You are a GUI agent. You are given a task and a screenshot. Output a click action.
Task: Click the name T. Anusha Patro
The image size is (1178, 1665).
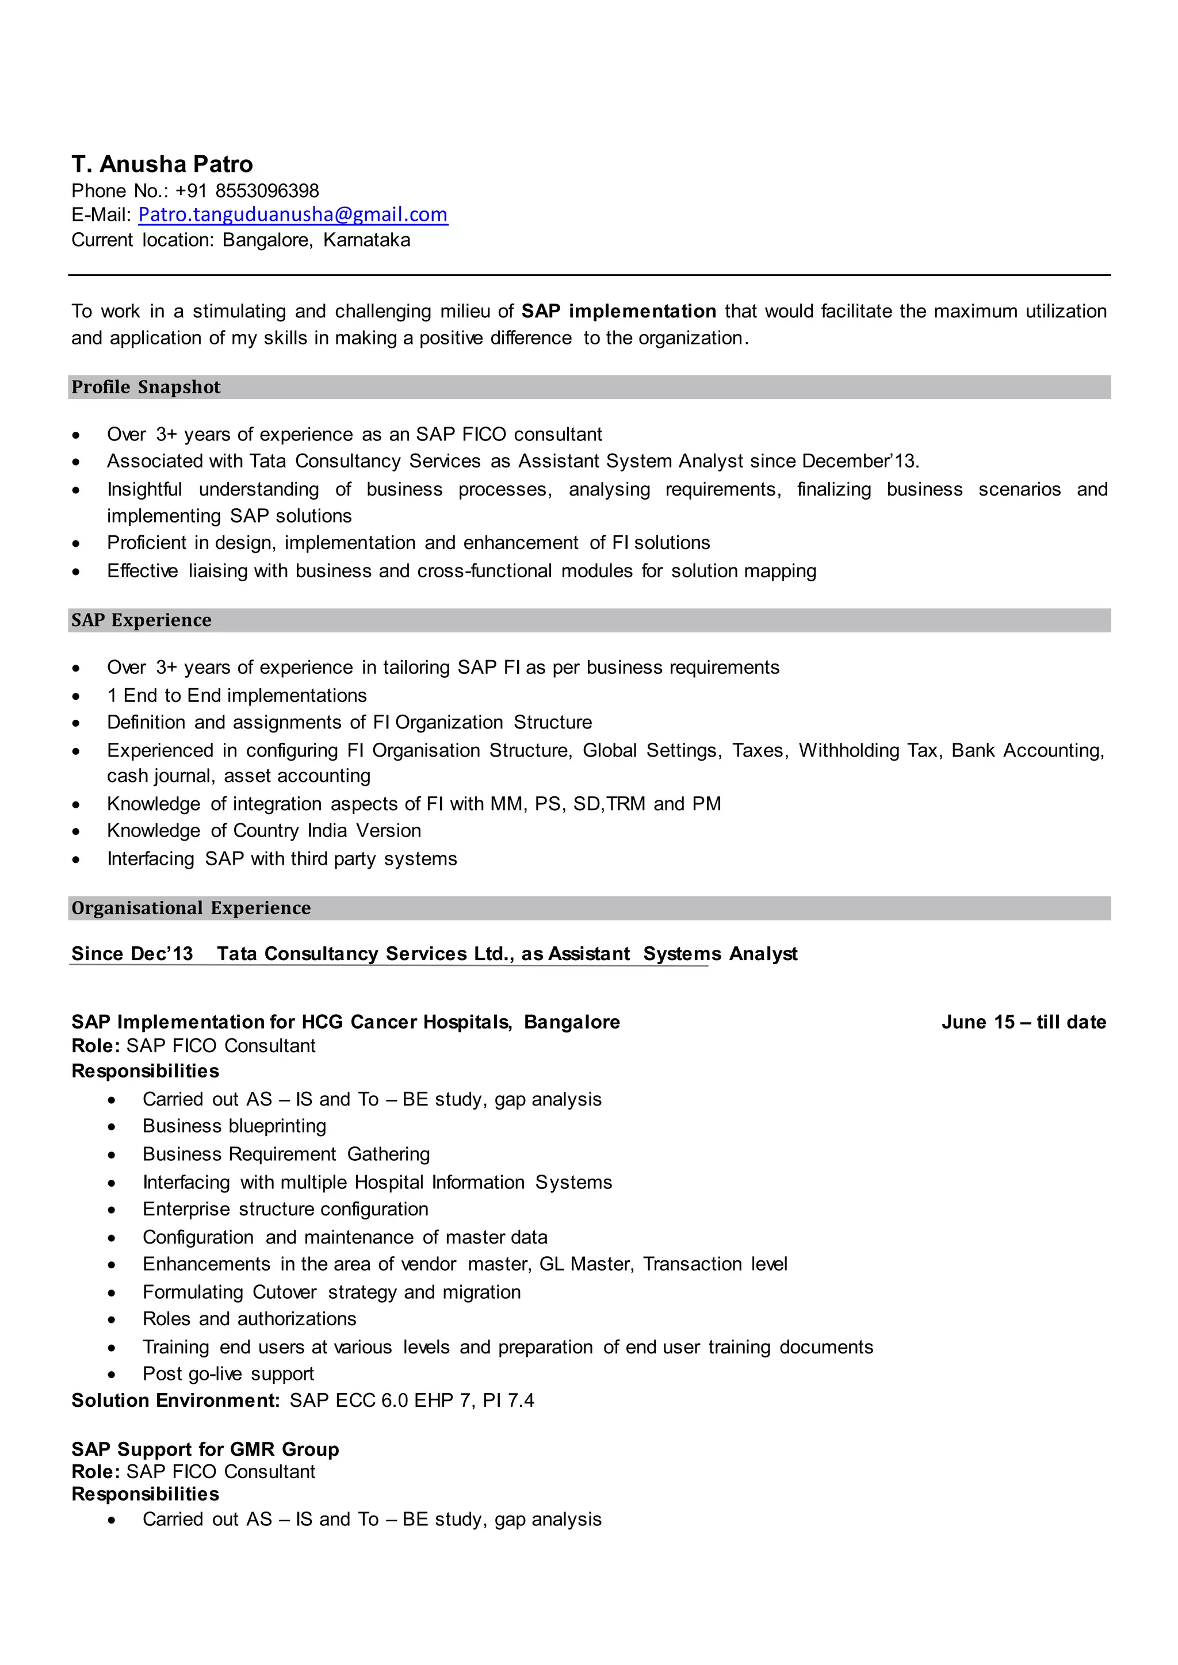(x=162, y=164)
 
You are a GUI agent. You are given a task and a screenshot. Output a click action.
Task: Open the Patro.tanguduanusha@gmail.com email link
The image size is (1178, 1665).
(x=292, y=214)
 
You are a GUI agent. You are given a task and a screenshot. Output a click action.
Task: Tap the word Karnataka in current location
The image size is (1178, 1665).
(x=366, y=240)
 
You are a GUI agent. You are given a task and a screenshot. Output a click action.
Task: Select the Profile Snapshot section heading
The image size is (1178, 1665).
(x=146, y=388)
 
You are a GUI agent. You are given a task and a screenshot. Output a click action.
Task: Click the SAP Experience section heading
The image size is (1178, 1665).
(x=141, y=620)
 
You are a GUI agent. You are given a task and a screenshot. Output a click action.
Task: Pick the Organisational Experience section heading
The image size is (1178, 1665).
(x=191, y=908)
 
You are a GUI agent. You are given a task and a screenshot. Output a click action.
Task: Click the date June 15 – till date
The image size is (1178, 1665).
(x=1023, y=1022)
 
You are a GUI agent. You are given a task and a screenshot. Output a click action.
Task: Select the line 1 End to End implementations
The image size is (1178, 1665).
(x=236, y=696)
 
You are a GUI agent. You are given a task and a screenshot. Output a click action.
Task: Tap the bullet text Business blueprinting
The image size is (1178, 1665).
(x=234, y=1126)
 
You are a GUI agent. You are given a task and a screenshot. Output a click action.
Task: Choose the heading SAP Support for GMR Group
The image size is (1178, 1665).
(x=205, y=1449)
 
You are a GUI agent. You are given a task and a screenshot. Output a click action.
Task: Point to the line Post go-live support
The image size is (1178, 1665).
(x=228, y=1374)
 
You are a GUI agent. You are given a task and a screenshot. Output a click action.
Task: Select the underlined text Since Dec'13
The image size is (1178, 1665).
(x=132, y=954)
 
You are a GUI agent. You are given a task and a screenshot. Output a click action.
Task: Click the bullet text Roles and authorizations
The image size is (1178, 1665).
(x=250, y=1318)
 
